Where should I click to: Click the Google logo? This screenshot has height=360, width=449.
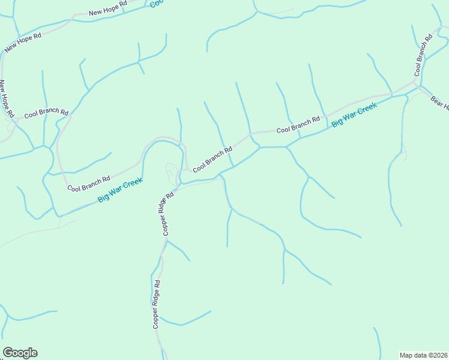[x=20, y=353]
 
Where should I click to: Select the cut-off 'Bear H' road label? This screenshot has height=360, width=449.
[x=440, y=103]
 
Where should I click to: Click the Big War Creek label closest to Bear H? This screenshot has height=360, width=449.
[x=354, y=115]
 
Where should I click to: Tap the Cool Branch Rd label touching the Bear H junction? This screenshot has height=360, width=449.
[x=423, y=56]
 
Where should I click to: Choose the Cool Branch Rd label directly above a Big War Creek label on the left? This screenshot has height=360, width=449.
[x=89, y=183]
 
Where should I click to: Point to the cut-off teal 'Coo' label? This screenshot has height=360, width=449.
[x=156, y=3]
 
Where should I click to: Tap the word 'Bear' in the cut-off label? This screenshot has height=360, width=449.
[x=437, y=100]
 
